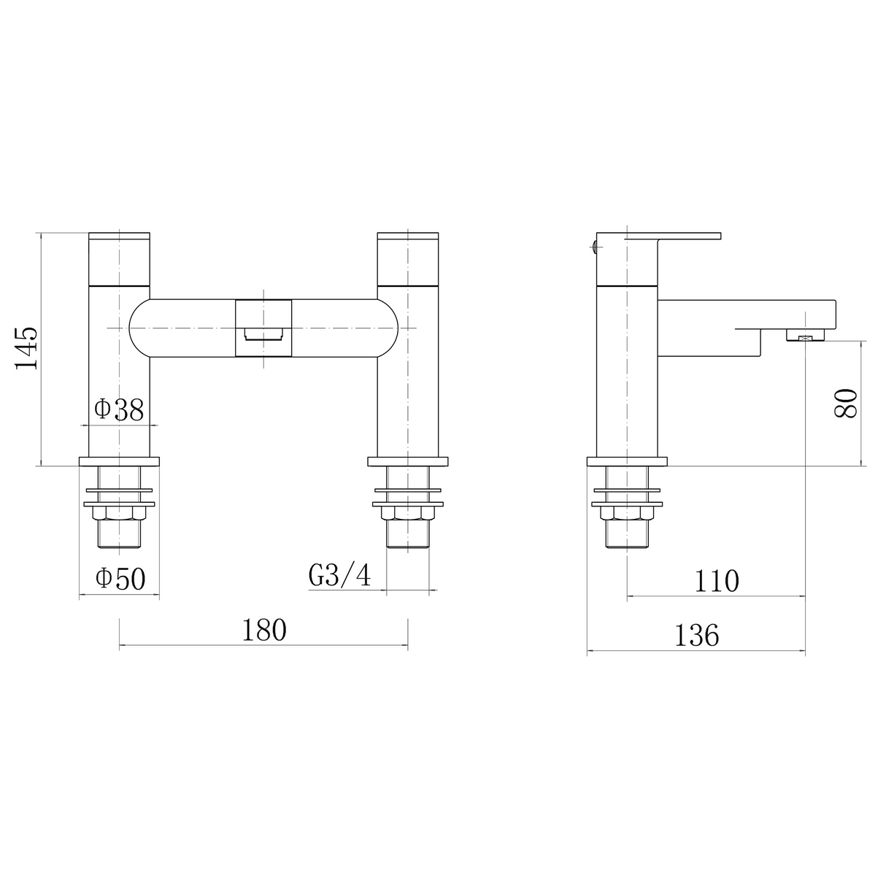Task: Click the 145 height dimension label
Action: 27,349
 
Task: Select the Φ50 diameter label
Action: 120,579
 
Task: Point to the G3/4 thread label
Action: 339,576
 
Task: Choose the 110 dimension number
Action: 717,581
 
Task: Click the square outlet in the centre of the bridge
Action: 263,329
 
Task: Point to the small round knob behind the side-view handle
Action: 596,246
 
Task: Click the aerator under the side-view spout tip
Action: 805,336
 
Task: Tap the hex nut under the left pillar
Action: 120,515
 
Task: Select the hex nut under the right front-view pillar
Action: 408,515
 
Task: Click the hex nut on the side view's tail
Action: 627,515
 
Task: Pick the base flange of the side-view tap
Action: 627,461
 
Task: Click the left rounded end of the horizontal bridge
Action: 141,328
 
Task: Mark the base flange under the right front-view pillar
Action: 408,461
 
